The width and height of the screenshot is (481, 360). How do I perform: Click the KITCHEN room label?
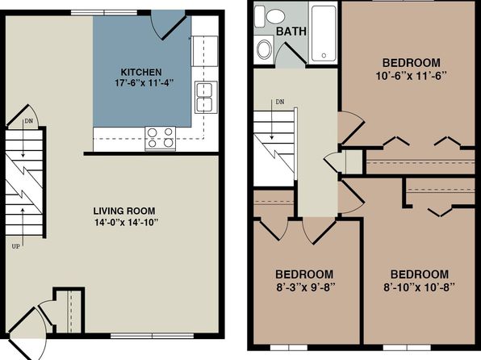tap(141, 72)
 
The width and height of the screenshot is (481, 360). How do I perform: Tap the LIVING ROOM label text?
tap(124, 211)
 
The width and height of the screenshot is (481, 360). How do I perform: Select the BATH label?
tap(291, 31)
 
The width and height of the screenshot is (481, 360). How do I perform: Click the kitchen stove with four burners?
tap(160, 138)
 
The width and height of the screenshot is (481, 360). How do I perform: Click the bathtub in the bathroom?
tap(324, 34)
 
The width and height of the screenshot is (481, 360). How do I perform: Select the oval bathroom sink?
tap(264, 49)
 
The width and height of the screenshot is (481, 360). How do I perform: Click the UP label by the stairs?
tap(15, 246)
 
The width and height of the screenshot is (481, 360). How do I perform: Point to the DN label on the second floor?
tap(280, 102)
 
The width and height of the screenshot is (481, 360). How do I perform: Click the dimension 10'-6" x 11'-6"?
tap(411, 76)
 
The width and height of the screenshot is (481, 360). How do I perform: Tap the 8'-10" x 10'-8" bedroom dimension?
tap(419, 287)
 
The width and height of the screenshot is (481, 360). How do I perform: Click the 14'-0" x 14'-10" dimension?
tap(127, 222)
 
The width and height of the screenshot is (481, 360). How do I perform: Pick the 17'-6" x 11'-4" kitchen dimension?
tap(144, 83)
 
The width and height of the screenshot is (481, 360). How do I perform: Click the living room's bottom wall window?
tap(153, 336)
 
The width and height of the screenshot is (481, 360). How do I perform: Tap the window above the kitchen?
tap(104, 13)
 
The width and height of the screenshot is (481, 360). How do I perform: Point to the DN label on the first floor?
tap(28, 120)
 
